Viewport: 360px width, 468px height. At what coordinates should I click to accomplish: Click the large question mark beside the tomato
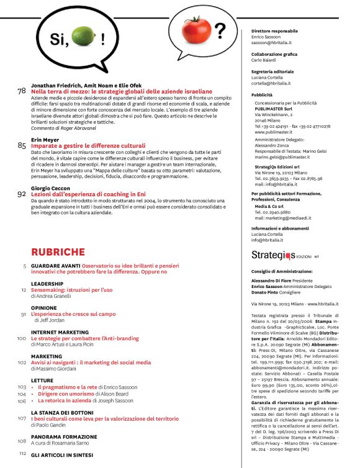pyautogui.click(x=220, y=30)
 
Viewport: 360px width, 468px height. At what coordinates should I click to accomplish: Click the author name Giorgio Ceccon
pyautogui.click(x=50, y=187)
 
